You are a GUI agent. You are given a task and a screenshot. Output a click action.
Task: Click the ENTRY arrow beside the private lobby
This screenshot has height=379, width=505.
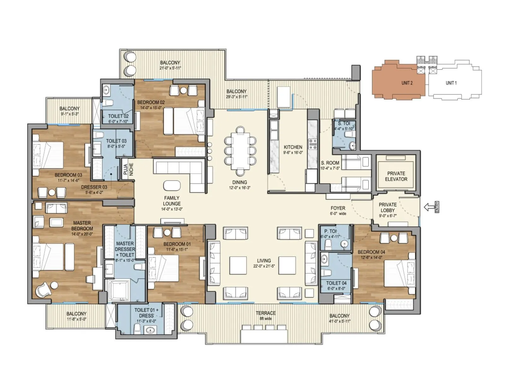click(x=429, y=208)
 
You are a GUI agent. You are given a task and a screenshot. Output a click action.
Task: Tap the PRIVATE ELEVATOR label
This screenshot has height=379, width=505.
click(x=396, y=176)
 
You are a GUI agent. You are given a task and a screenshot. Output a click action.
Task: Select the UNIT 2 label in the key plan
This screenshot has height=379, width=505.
click(x=407, y=83)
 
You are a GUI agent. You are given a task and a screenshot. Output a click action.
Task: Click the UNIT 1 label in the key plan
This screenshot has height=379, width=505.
click(x=451, y=83)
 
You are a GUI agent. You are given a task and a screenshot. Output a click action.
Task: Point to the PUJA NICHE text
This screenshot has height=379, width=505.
click(x=128, y=169)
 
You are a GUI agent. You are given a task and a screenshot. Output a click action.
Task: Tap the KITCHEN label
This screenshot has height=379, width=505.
click(x=293, y=147)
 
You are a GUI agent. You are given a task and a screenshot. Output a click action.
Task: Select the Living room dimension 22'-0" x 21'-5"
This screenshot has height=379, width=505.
click(x=264, y=266)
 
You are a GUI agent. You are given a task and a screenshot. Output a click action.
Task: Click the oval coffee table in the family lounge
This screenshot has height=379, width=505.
click(x=172, y=185)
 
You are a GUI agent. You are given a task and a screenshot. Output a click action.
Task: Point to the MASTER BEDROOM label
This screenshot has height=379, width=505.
click(x=82, y=226)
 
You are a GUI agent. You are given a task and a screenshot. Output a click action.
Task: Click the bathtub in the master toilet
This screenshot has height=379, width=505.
click(x=118, y=290)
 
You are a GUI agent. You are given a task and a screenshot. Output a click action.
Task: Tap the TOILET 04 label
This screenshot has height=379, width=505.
click(x=336, y=283)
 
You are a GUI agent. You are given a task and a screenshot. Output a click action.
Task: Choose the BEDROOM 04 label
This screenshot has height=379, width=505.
click(x=371, y=252)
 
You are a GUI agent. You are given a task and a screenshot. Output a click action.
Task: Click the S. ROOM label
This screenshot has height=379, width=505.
click(x=330, y=163)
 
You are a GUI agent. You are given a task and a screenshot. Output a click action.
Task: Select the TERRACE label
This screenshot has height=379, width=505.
click(x=265, y=313)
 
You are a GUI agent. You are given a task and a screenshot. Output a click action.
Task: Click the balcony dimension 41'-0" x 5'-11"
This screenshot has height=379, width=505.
click(x=339, y=321)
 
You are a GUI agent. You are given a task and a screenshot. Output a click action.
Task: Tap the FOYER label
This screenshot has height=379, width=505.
click(x=338, y=208)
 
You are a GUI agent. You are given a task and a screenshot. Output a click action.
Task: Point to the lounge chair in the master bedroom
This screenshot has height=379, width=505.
click(x=43, y=290)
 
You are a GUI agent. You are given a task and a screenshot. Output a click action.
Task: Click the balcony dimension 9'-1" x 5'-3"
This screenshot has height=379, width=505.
click(x=69, y=114)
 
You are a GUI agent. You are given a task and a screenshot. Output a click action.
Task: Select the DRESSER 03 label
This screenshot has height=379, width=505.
click(x=94, y=187)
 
